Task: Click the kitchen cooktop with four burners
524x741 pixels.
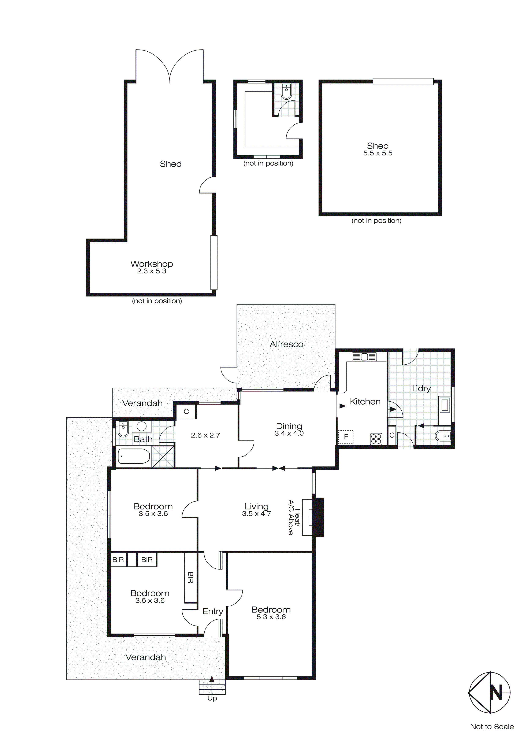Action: [376, 439]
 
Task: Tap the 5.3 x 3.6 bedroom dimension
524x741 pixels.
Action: [271, 617]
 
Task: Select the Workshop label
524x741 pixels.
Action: [152, 264]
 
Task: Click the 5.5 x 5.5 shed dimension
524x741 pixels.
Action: [378, 153]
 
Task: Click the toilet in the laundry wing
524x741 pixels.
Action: [443, 436]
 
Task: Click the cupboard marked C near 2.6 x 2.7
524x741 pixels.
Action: [186, 412]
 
